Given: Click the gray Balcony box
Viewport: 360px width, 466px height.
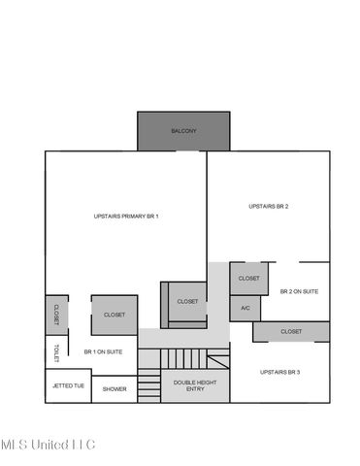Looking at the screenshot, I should point(183,131).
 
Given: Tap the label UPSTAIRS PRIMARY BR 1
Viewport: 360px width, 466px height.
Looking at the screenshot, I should point(126,216).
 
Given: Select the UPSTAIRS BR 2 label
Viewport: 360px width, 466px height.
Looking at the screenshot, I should point(268,206).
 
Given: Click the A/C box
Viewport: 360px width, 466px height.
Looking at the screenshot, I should point(245,309).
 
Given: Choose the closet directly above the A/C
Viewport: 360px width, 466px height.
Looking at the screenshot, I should point(248,279).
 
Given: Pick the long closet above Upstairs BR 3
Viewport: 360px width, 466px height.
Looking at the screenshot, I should point(291,331).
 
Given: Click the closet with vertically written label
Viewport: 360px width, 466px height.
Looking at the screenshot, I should point(55,315).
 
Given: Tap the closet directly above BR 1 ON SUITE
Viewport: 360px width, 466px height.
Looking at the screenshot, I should point(114,315).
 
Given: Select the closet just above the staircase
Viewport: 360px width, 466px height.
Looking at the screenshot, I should point(187,301).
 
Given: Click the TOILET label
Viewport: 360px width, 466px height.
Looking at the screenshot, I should point(56,351).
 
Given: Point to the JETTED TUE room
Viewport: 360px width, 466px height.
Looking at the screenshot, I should point(67,386).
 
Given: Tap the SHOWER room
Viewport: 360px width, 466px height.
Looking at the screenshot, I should point(115,388).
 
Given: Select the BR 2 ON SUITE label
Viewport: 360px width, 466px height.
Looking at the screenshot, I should point(299,291).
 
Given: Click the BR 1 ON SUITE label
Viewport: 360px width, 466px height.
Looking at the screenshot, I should point(103,351).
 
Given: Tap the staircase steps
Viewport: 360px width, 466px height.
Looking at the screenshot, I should point(184,358).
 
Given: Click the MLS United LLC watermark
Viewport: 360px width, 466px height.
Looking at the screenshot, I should point(48,445).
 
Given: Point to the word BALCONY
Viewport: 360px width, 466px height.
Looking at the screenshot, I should point(183,131).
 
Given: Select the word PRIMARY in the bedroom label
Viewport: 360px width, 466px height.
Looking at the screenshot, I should point(127,216).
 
